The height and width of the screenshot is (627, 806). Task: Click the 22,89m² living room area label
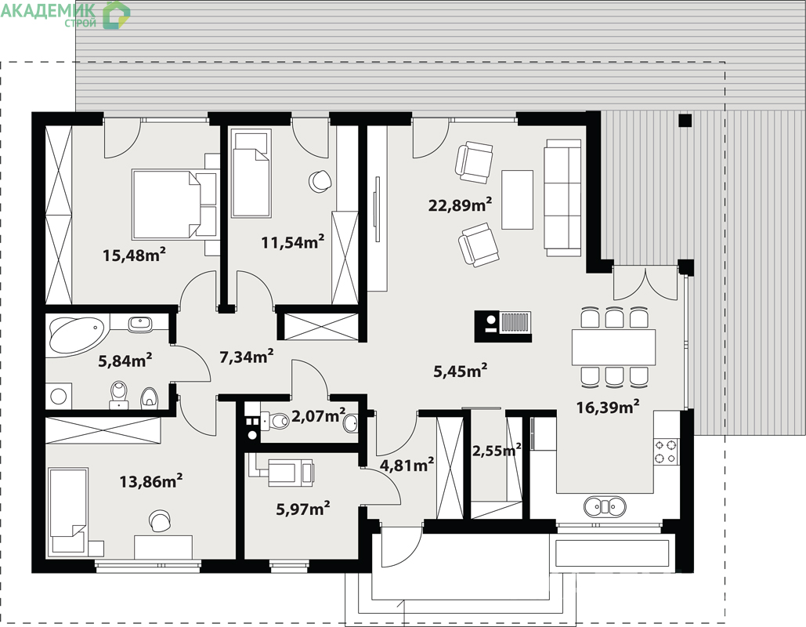click(460, 205)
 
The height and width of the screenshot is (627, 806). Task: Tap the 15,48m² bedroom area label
click(134, 254)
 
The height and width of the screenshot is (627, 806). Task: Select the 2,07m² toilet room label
click(318, 415)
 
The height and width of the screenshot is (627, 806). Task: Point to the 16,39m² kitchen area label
click(608, 408)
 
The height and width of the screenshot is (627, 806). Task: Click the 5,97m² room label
click(303, 509)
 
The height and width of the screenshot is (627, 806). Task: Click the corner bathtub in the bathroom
click(77, 335)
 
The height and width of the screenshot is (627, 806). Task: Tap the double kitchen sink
click(605, 506)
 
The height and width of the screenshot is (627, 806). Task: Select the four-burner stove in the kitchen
click(666, 451)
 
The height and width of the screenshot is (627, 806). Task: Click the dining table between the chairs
click(613, 347)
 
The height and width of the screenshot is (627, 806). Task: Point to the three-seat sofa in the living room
click(563, 197)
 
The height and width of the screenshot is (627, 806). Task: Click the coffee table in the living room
click(517, 200)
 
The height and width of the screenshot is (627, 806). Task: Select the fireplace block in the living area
click(503, 326)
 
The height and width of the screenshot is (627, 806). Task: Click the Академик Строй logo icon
click(116, 14)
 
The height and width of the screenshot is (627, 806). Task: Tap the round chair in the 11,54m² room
click(320, 181)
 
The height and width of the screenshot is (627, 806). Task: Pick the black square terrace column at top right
click(685, 121)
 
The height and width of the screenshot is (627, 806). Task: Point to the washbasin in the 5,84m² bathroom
click(139, 324)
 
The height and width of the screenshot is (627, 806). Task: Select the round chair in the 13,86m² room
click(160, 520)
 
